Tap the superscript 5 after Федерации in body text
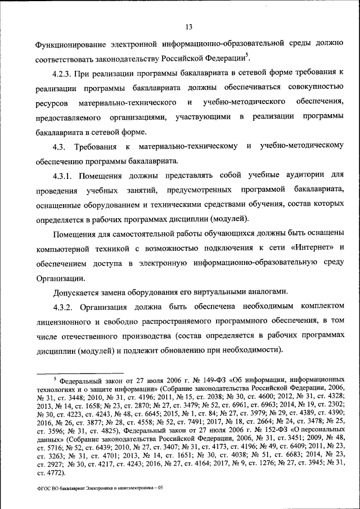click(247, 55)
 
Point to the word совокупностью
click(313, 88)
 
